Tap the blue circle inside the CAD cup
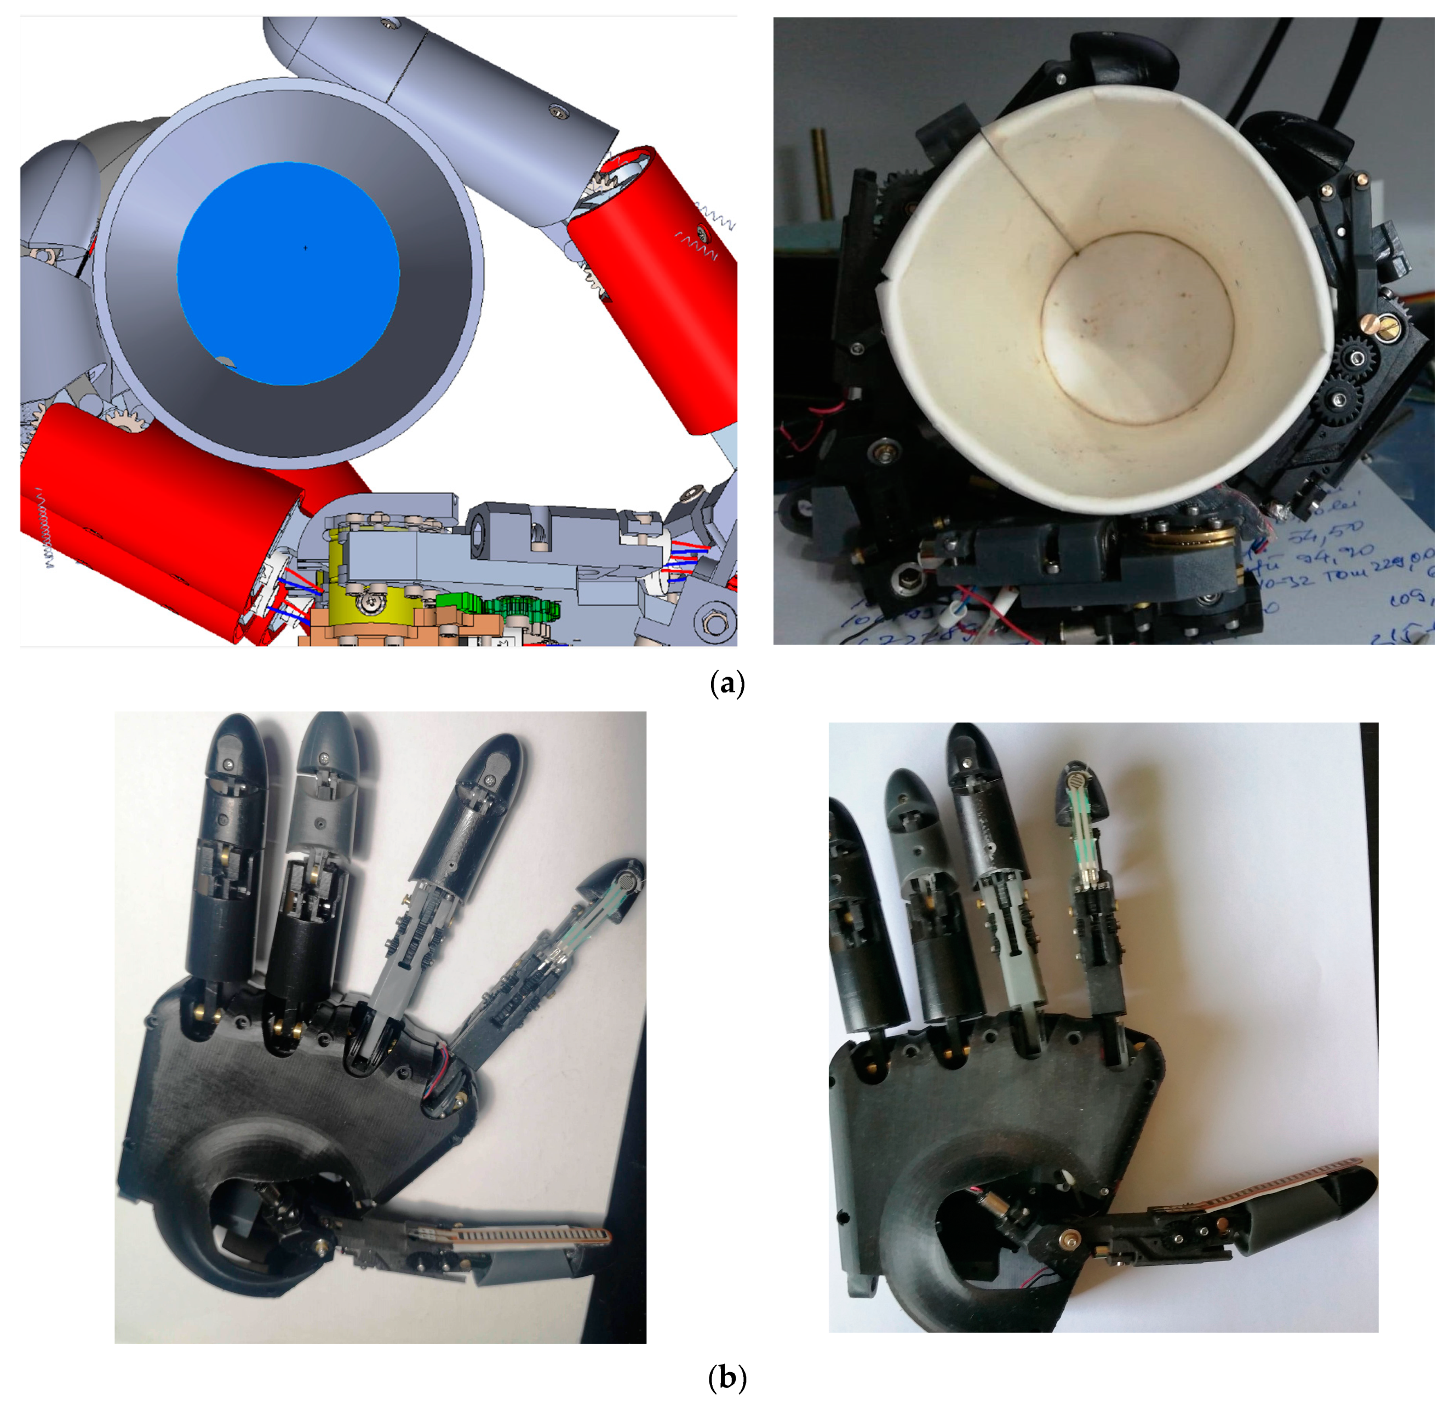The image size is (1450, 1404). (289, 274)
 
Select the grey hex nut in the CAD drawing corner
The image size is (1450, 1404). (714, 623)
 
